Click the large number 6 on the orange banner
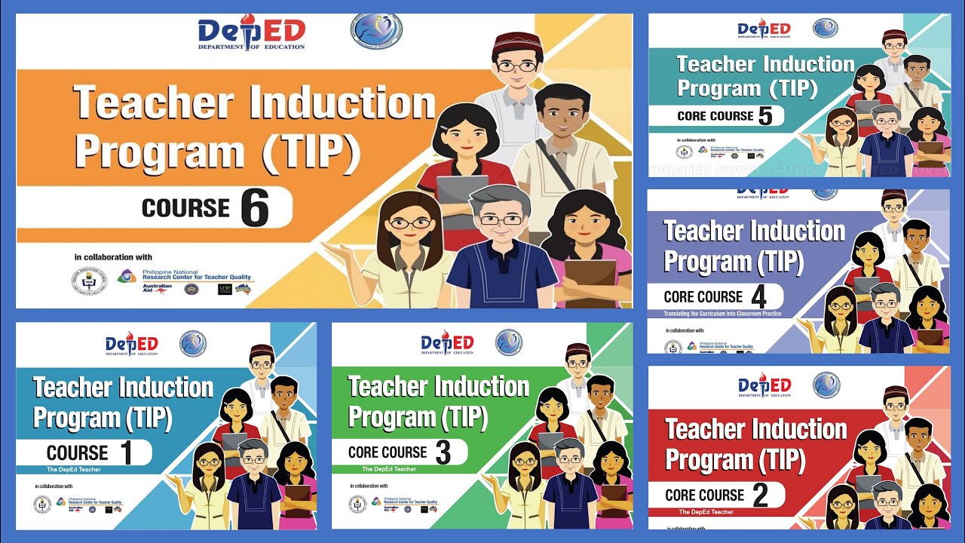(255, 207)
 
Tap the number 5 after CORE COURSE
(766, 115)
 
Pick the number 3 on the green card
(443, 452)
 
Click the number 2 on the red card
(760, 495)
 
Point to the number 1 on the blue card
(126, 452)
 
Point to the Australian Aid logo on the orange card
(158, 287)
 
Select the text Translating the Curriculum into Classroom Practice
(722, 314)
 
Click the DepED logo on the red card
(764, 385)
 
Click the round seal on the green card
(509, 342)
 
